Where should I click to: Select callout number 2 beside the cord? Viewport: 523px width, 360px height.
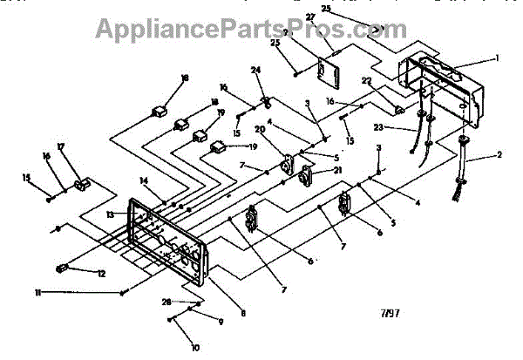point(499,154)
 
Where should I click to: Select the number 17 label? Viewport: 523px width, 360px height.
point(61,146)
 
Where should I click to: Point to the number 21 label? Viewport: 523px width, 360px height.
point(313,170)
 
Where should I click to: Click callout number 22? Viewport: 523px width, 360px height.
point(368,81)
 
